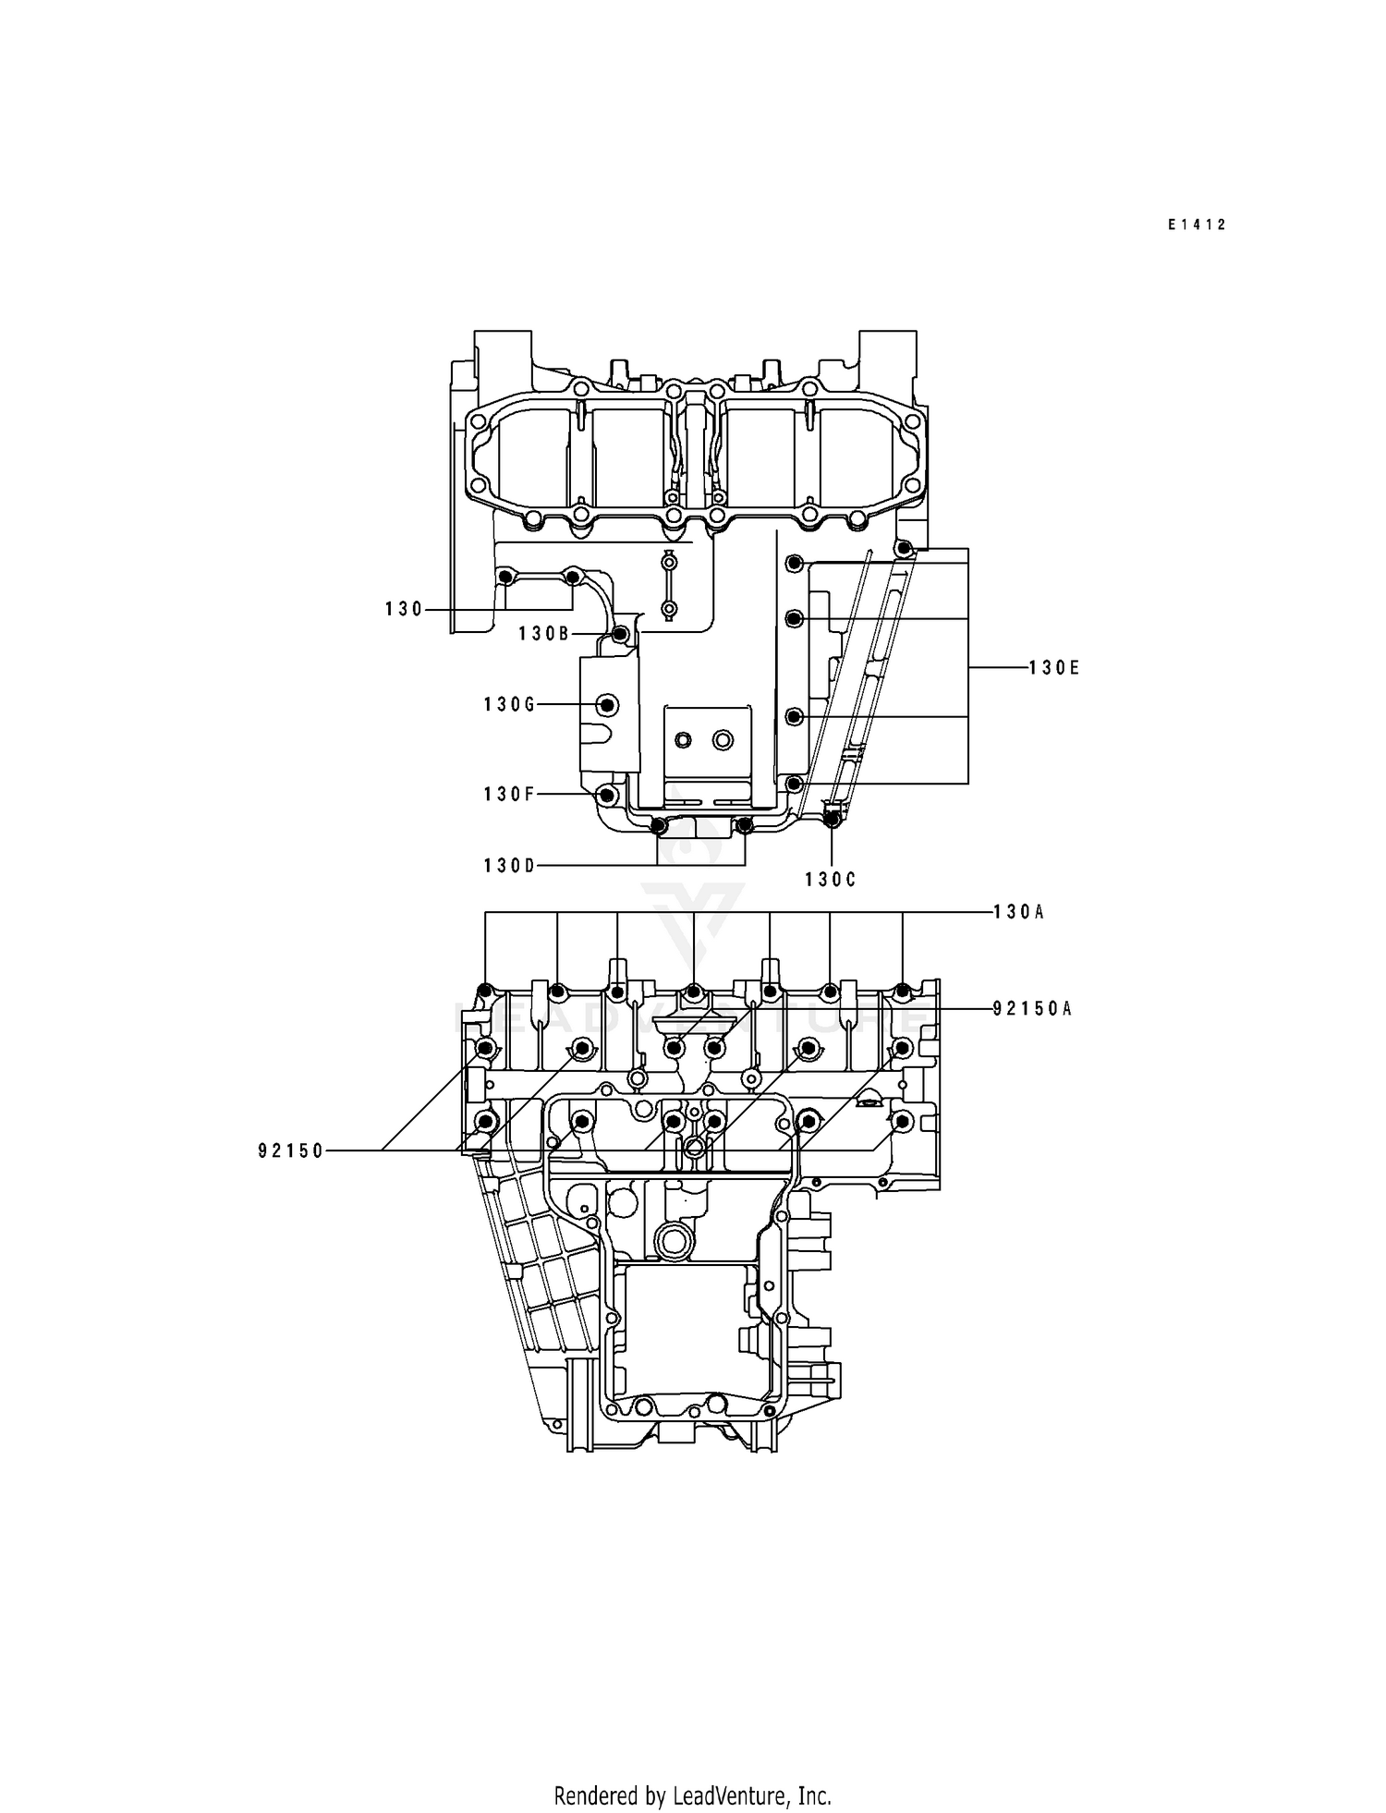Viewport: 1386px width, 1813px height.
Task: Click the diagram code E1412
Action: (1196, 225)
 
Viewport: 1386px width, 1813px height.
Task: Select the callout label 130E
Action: (1053, 668)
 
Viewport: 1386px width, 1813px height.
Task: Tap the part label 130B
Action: (544, 634)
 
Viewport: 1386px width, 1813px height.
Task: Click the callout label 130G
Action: (509, 705)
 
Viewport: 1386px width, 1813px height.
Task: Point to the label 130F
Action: (509, 795)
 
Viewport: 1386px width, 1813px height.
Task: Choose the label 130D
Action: (509, 866)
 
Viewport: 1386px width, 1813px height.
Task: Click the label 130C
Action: (830, 881)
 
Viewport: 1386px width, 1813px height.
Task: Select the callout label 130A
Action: (1018, 913)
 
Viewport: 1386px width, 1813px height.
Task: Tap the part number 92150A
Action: (1032, 1009)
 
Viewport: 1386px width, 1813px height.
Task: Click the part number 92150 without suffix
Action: (291, 1151)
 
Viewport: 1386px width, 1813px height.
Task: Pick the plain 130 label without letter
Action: (404, 609)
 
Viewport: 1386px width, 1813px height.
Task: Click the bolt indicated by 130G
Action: (607, 705)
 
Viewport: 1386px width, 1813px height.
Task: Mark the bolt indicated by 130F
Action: (606, 795)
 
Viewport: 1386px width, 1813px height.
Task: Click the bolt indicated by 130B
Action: (621, 634)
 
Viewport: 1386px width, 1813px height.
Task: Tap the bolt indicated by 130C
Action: (831, 817)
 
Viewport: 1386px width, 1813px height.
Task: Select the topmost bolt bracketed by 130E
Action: (906, 549)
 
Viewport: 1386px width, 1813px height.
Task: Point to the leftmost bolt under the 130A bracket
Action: (485, 992)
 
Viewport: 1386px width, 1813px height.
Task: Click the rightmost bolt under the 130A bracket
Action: (904, 992)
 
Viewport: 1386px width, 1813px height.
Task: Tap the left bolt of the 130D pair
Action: (658, 825)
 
